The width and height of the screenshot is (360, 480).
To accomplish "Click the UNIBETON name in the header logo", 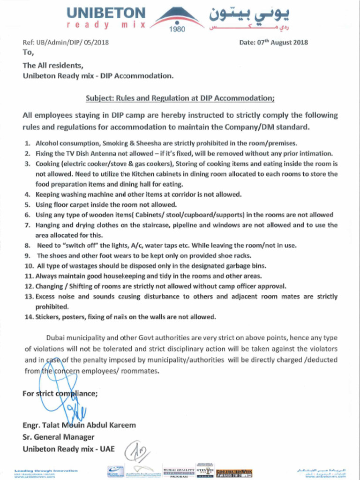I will coord(106,13).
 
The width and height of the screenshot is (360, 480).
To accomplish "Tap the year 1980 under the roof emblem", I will coord(179,30).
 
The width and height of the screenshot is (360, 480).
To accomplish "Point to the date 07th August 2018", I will coord(282,42).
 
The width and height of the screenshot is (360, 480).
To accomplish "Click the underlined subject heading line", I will coord(180,98).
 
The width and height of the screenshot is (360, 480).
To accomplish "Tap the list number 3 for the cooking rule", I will coord(27,164).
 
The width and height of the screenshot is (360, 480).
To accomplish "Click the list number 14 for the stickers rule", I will coord(28,317).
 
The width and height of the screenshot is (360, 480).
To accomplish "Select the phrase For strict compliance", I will coord(60,394).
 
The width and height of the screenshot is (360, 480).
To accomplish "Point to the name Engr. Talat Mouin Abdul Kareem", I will coord(79,426).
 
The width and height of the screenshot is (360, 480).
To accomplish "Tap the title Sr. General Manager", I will coord(59,437).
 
